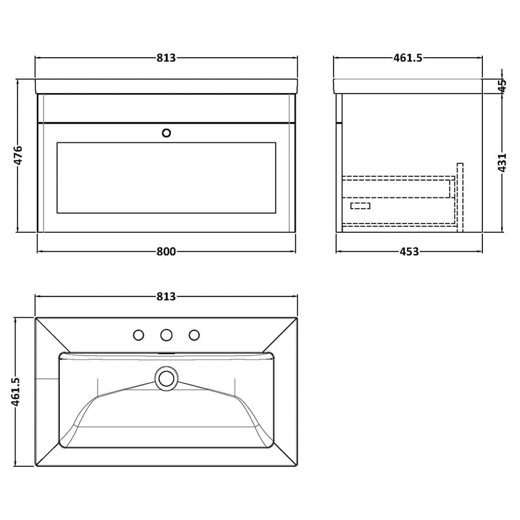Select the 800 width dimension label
(166, 252)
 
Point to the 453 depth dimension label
(408, 252)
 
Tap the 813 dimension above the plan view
(166, 296)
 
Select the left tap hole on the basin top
(138, 335)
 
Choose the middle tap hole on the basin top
(166, 335)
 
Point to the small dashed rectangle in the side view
(360, 206)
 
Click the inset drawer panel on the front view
(166, 176)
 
